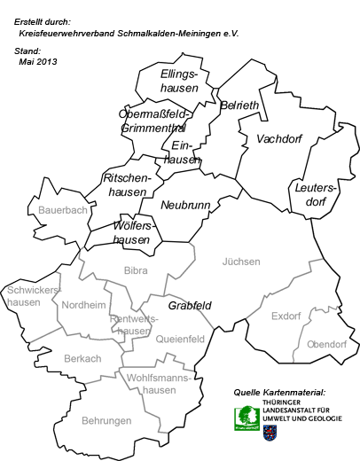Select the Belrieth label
click(240, 105)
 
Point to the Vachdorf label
click(279, 139)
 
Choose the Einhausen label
click(182, 152)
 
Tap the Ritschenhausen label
click(129, 184)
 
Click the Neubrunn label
click(185, 205)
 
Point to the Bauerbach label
click(63, 211)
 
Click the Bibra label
click(136, 270)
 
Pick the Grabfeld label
click(190, 305)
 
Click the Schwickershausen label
click(33, 295)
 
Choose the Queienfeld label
click(180, 339)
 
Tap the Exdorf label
click(286, 316)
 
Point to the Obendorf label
click(326, 344)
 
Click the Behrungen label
click(106, 420)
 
